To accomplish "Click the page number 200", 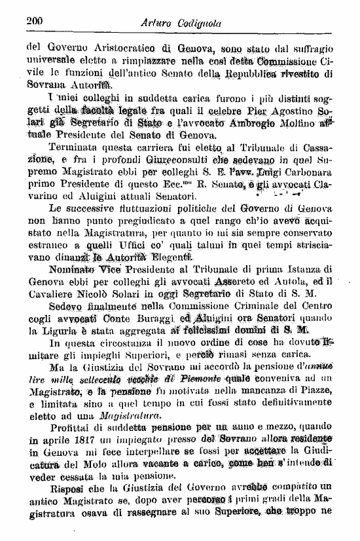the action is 35,20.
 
